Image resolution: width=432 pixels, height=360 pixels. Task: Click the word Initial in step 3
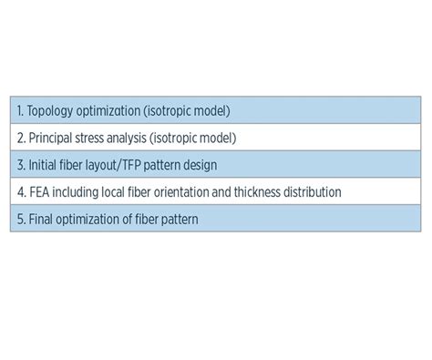coord(43,166)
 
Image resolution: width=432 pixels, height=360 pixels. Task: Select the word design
coord(198,166)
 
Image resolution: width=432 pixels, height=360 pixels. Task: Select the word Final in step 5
coord(40,220)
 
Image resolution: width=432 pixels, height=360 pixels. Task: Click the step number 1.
coord(19,111)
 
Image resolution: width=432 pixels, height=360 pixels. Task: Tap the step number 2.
coord(20,139)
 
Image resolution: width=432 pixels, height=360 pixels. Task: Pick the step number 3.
coord(20,166)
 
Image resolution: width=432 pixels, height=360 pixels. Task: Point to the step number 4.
coord(20,192)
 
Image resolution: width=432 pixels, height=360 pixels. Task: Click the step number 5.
coord(20,220)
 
